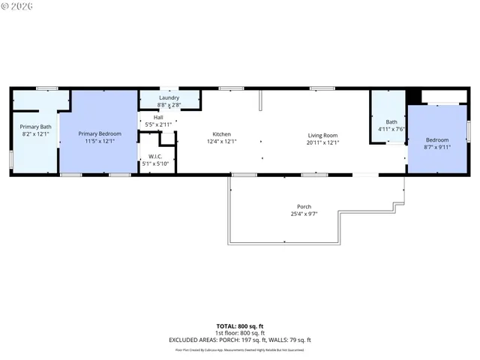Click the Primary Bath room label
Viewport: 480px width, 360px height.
pos(35,127)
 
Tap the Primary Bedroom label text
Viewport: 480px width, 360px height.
pos(99,133)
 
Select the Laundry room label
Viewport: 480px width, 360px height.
pos(169,98)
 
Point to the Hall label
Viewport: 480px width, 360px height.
pos(158,117)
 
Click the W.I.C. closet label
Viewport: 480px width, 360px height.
pos(156,156)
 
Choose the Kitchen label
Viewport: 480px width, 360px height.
pos(221,134)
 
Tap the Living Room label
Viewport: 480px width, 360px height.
pos(323,135)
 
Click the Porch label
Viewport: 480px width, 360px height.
pos(304,207)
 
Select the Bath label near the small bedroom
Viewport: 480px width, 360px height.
pos(391,122)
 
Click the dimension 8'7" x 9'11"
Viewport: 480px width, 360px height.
pos(437,147)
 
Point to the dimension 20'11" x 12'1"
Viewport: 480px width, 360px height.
pos(323,142)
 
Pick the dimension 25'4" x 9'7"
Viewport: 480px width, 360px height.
pos(304,214)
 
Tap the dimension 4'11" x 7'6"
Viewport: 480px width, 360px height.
pos(391,129)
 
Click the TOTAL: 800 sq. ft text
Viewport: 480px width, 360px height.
pos(239,326)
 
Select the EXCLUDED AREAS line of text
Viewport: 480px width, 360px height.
pos(239,340)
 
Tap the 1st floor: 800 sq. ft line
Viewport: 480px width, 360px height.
pos(239,333)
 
